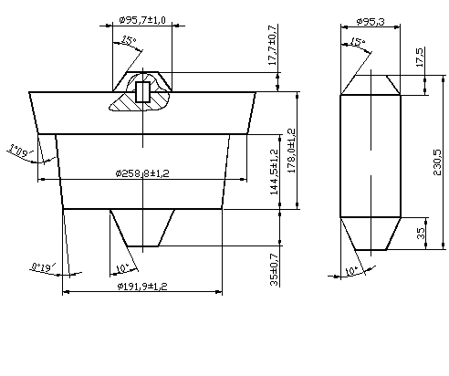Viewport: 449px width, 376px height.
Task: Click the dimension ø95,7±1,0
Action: pos(142,20)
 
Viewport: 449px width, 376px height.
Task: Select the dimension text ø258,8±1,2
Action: pos(142,173)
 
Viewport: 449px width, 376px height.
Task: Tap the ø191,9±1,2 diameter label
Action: pos(142,287)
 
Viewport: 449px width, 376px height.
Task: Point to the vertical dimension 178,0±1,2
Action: pos(291,151)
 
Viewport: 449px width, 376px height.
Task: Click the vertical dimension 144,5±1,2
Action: pos(274,172)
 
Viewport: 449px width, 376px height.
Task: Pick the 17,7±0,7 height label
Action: pos(273,45)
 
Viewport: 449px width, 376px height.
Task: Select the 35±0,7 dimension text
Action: pos(274,269)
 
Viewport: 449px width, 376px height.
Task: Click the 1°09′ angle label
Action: pos(21,151)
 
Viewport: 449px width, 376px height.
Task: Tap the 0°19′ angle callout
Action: pos(44,267)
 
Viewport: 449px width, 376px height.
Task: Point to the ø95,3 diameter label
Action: pos(371,22)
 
